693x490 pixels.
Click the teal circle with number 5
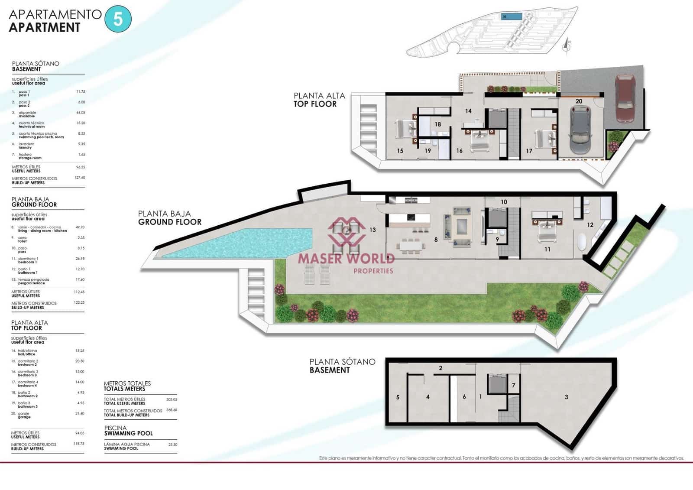click(x=118, y=19)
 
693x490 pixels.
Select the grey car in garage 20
click(x=581, y=130)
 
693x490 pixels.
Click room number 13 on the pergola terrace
click(x=372, y=230)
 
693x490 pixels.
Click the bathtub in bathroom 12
click(x=582, y=242)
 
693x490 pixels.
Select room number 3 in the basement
click(x=566, y=397)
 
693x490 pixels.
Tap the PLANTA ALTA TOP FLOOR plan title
click(x=319, y=100)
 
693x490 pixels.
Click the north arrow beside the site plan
click(x=566, y=45)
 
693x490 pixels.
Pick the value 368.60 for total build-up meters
click(x=172, y=410)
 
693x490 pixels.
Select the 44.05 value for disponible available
click(x=81, y=113)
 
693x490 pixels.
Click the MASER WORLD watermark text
click(x=346, y=259)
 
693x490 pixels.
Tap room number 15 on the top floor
click(x=400, y=151)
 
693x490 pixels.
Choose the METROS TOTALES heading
click(x=127, y=386)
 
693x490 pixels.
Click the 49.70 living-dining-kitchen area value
click(x=80, y=227)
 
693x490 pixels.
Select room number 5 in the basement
click(x=398, y=397)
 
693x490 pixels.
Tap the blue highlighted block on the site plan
click(x=511, y=17)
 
